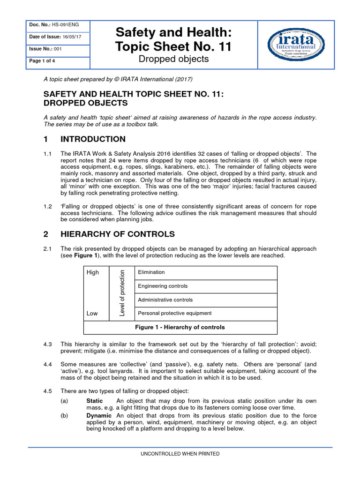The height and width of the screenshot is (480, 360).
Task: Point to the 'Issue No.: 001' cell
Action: (x=45, y=49)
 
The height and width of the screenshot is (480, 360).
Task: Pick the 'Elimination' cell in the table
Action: (x=151, y=272)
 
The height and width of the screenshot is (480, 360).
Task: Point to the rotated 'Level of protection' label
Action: (x=122, y=293)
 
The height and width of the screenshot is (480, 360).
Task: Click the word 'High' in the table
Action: (x=93, y=272)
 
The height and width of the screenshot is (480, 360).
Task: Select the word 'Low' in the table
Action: (x=92, y=313)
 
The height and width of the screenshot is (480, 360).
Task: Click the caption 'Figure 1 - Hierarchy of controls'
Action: (x=180, y=327)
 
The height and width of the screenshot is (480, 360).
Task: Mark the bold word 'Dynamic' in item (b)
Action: (x=99, y=416)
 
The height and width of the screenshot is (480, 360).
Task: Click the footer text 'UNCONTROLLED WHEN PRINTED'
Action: (x=180, y=454)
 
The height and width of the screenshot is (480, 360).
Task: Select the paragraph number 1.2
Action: (x=47, y=205)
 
